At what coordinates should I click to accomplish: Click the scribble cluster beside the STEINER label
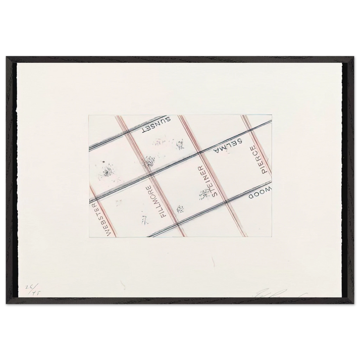(204, 194)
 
